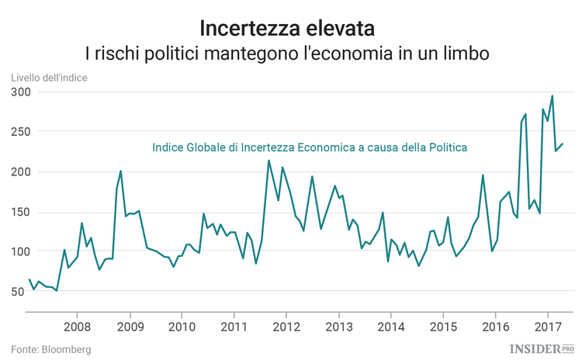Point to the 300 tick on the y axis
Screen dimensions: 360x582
click(20, 92)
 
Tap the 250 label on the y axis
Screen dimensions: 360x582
click(20, 132)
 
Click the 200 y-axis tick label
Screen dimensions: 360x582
click(20, 172)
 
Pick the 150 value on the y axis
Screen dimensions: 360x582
click(20, 212)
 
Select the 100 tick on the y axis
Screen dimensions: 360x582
click(20, 251)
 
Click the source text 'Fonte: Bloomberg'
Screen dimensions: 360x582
click(51, 350)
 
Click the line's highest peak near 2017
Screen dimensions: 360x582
click(552, 96)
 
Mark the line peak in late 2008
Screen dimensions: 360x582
click(121, 171)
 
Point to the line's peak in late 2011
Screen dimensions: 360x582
click(268, 161)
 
